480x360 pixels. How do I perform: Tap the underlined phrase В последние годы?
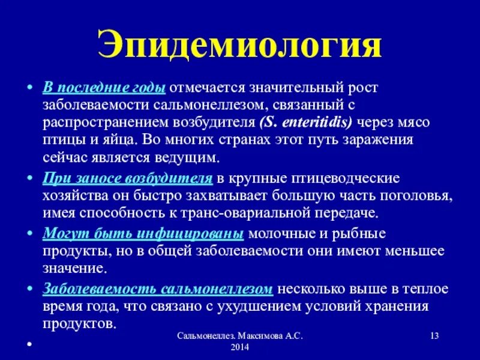(104, 87)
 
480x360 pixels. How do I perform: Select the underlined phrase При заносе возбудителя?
(127, 179)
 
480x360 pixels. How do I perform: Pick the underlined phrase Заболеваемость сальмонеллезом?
(158, 289)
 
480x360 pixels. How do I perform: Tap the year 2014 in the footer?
(239, 349)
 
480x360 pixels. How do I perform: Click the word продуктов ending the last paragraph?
(77, 323)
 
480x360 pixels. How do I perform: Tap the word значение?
(73, 268)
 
